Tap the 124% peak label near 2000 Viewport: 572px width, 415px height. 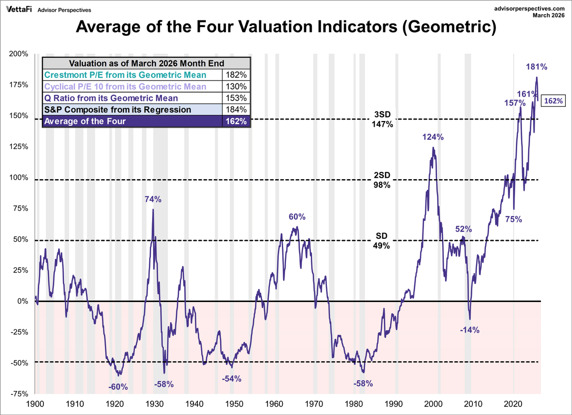coord(433,137)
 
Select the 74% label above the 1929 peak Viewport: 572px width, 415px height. coord(153,200)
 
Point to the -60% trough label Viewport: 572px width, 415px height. coord(118,387)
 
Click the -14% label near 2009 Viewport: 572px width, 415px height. coord(470,330)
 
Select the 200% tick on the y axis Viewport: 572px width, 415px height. coord(19,54)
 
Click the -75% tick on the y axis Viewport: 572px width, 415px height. coord(19,394)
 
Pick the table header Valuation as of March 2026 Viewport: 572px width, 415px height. coord(146,63)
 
